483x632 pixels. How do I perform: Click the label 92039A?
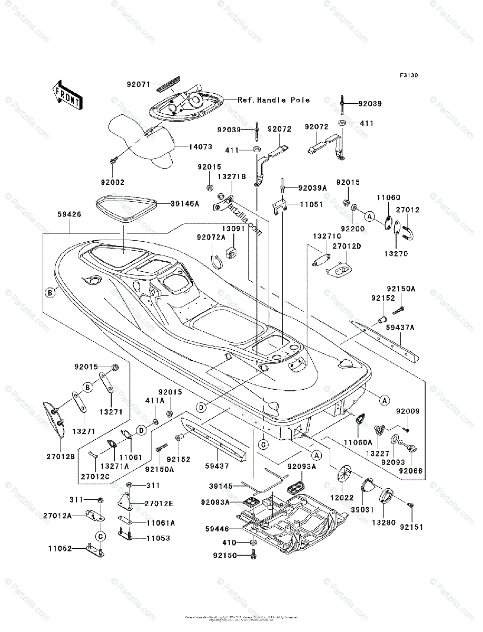click(312, 187)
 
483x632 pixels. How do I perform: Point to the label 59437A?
click(401, 328)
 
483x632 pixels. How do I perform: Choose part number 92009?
click(407, 411)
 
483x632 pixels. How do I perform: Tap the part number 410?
click(230, 542)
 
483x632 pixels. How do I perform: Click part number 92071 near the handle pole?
click(139, 83)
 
